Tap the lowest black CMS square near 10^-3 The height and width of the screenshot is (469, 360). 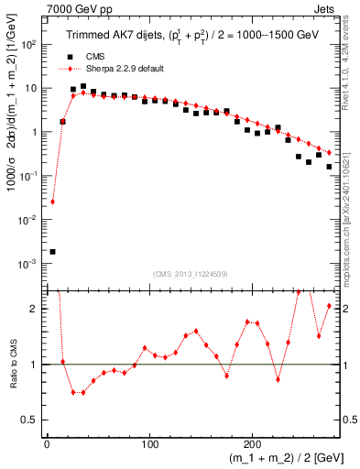click(52, 251)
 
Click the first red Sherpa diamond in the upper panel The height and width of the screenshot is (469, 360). click(52, 202)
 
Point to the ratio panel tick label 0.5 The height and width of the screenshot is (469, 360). click(28, 421)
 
